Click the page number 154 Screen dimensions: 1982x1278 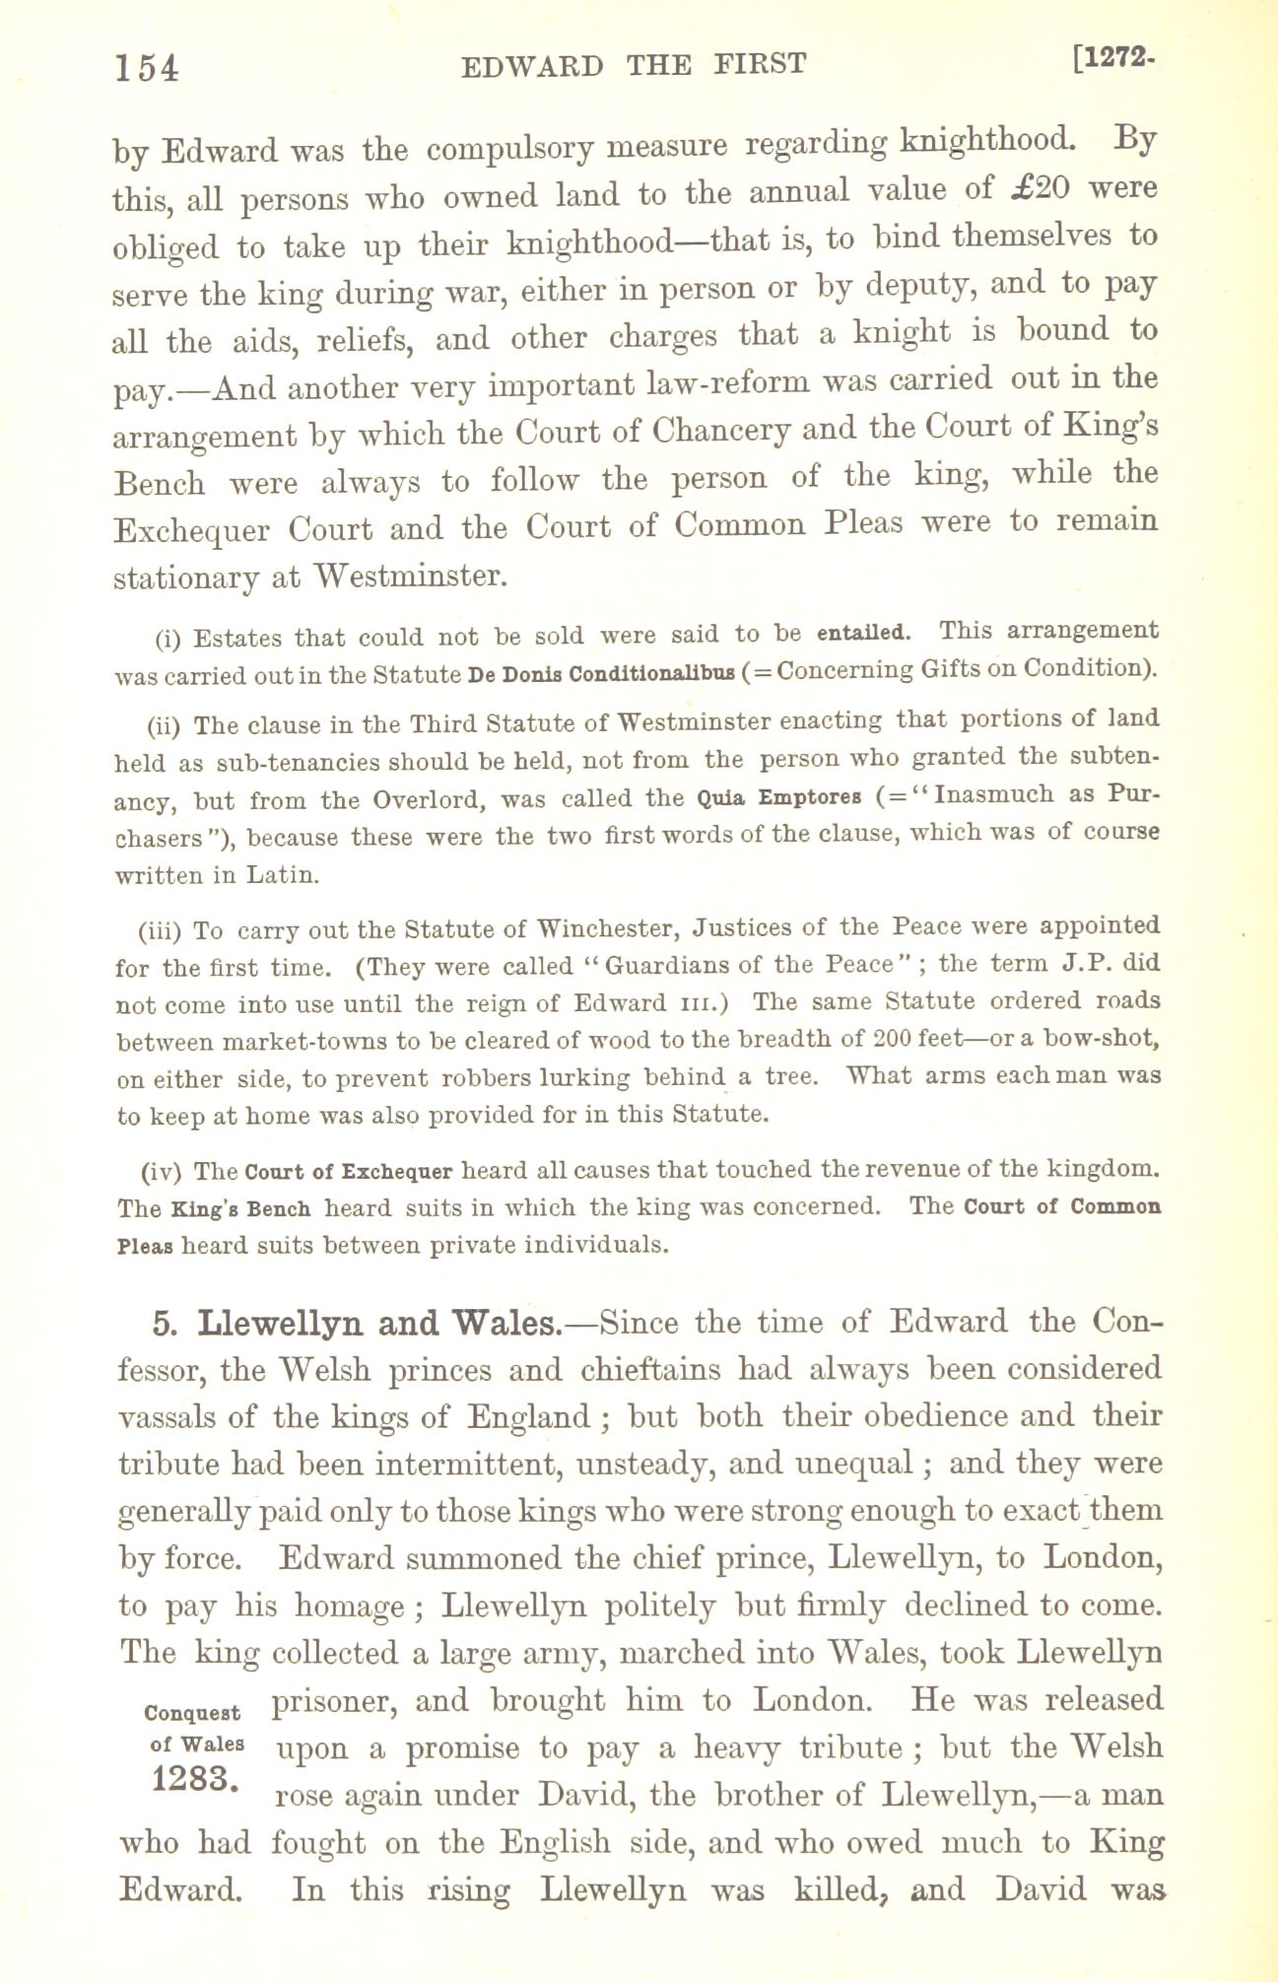point(147,67)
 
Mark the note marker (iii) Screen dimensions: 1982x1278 point(161,931)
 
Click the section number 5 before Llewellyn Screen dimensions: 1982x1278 point(164,1324)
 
